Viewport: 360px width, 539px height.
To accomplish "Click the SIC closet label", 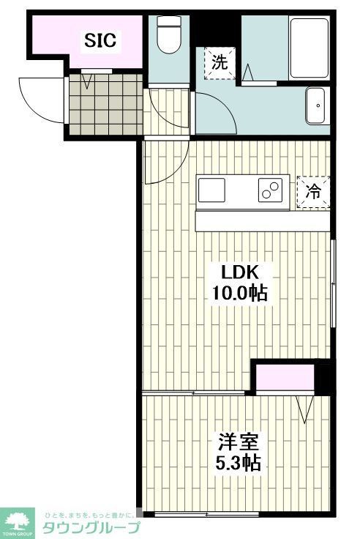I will click(100, 40).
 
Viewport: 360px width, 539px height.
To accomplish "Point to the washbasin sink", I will click(318, 107).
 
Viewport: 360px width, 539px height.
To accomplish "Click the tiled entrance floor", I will click(105, 104).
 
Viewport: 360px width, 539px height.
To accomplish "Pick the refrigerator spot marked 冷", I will click(312, 192).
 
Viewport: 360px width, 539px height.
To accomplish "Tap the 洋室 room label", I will click(238, 442).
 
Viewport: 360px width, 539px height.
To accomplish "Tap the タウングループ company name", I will click(91, 527).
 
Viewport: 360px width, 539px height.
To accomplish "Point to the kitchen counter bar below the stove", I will click(263, 221).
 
